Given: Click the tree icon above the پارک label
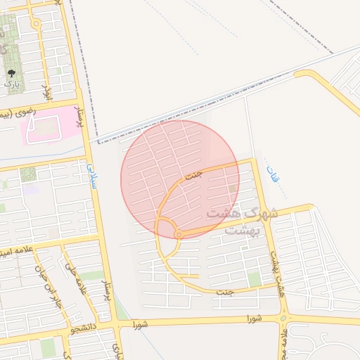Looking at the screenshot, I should pyautogui.click(x=11, y=73).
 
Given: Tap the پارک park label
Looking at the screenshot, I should pyautogui.click(x=11, y=84).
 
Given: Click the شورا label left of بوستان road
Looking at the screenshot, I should pyautogui.click(x=139, y=324).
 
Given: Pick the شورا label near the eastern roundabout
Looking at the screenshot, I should pyautogui.click(x=254, y=319).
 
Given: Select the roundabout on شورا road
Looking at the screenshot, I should pyautogui.click(x=284, y=319).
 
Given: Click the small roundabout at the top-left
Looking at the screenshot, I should pyautogui.click(x=37, y=24).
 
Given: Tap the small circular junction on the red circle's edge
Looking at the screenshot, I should pyautogui.click(x=179, y=234).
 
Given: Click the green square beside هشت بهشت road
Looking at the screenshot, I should pyautogui.click(x=255, y=279).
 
